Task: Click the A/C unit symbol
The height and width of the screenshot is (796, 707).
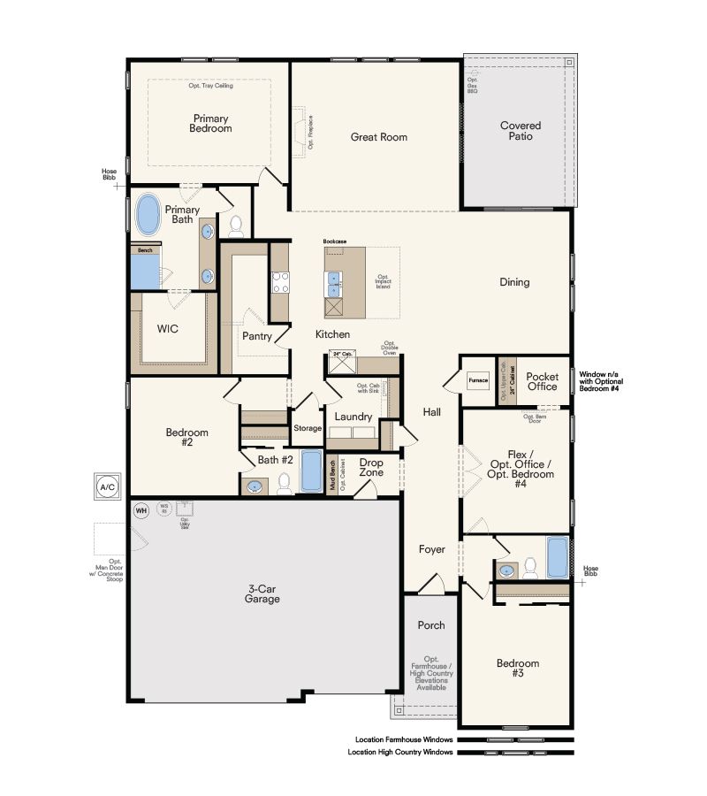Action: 107,486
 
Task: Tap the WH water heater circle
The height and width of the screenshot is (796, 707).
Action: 141,510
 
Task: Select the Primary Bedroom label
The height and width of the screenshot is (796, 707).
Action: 210,124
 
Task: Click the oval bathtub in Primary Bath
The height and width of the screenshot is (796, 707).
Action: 148,215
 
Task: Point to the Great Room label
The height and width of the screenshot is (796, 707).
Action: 379,137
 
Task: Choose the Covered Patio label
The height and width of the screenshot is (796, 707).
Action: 520,132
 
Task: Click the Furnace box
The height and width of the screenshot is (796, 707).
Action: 478,380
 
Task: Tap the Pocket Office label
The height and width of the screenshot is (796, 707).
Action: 542,380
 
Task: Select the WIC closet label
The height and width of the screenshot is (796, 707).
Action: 169,329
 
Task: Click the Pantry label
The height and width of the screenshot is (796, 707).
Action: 256,336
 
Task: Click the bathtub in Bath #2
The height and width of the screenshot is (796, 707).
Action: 312,471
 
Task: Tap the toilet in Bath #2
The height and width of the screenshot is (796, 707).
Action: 285,483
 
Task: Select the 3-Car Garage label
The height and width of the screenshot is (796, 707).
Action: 263,593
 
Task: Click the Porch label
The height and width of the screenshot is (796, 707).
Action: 431,625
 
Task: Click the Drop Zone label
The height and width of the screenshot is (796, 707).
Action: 371,467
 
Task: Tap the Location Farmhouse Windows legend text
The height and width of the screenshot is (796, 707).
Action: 404,739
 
